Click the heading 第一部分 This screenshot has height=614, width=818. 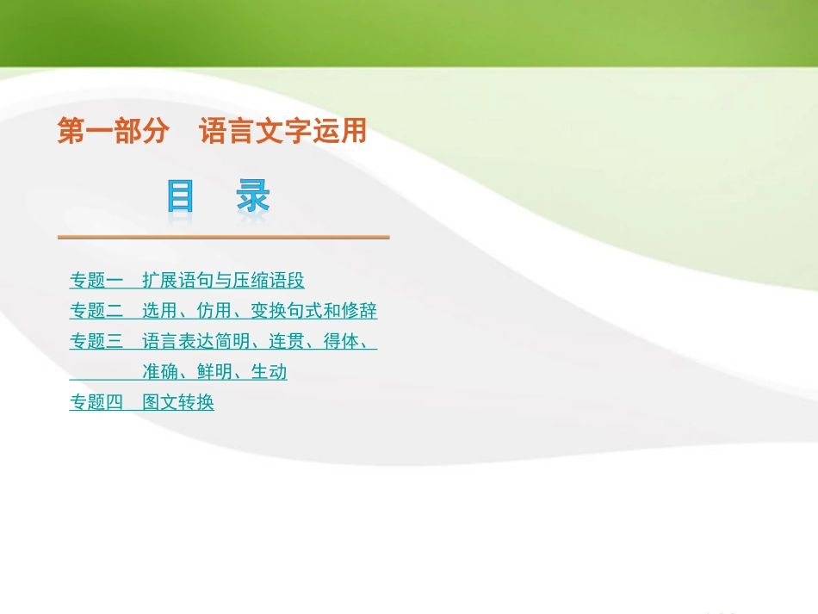pos(112,132)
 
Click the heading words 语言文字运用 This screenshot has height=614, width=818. pos(282,132)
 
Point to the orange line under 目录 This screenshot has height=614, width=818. pos(223,237)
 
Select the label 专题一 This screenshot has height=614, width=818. pos(96,281)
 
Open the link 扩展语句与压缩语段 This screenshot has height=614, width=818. pos(223,281)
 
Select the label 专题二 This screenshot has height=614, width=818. pos(96,311)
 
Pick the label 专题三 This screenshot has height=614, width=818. pos(96,341)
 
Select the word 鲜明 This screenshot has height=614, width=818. pos(214,372)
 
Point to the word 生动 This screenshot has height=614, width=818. pos(269,372)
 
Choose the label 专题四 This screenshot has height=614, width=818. pos(96,402)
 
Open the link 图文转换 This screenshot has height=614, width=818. pos(178,402)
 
